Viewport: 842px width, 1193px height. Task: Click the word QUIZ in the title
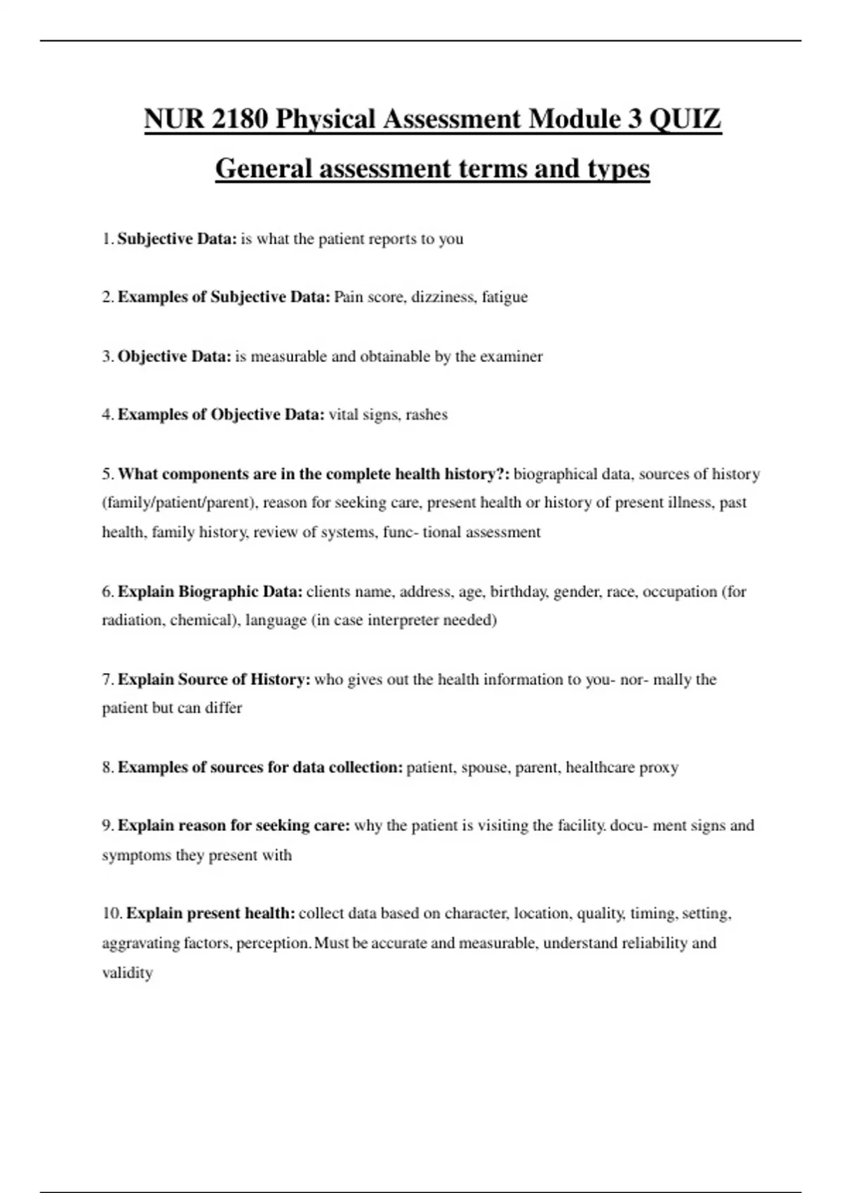[x=685, y=119]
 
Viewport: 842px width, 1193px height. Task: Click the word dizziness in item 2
[x=443, y=297]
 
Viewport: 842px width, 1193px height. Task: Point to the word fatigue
[x=504, y=297]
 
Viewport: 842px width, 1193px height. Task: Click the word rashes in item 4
[x=427, y=415]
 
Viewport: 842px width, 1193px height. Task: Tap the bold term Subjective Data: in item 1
[x=177, y=239]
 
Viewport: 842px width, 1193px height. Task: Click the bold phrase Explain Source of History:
[x=214, y=679]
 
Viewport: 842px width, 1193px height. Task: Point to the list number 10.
[x=112, y=914]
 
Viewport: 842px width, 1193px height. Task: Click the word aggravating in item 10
[x=141, y=943]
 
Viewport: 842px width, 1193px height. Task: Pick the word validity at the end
[x=127, y=973]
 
